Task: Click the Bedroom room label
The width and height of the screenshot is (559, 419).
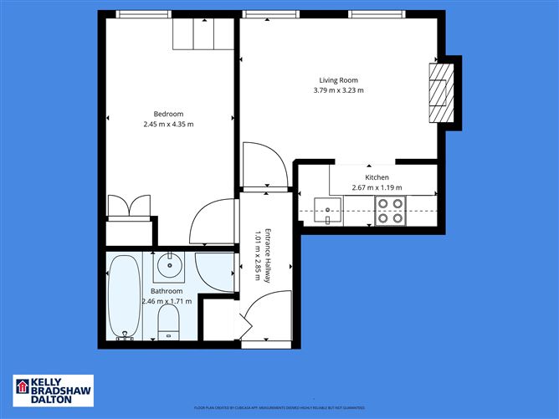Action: pos(167,114)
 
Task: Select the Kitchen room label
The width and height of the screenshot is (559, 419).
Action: pos(377,177)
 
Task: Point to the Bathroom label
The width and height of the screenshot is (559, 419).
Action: pos(167,291)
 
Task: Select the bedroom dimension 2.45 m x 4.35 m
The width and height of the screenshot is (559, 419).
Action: pos(167,125)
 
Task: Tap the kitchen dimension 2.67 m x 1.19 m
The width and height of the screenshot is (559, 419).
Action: pos(377,188)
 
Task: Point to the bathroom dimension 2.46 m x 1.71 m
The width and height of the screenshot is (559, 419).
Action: pos(167,301)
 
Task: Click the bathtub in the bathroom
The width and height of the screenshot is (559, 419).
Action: pos(125,297)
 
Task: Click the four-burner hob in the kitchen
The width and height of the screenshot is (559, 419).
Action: pos(389,210)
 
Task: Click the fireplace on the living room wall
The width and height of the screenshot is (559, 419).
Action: pos(441,92)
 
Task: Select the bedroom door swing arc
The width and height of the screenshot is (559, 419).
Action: pos(213,222)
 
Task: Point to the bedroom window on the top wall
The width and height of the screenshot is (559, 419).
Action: pos(144,14)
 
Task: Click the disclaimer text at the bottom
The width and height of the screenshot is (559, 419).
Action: pos(279,407)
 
